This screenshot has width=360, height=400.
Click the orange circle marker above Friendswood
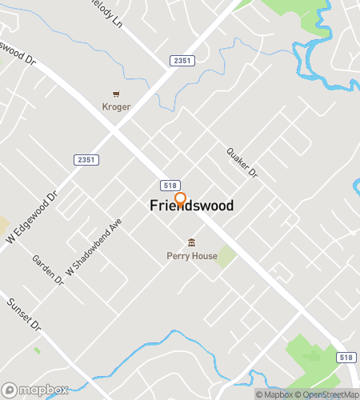pyautogui.click(x=180, y=198)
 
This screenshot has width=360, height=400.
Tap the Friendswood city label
pyautogui.click(x=192, y=206)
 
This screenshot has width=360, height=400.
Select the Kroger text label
pyautogui.click(x=116, y=106)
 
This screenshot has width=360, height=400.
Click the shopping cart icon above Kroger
pyautogui.click(x=116, y=94)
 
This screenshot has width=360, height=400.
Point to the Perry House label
pyautogui.click(x=191, y=256)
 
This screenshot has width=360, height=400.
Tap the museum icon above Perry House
pyautogui.click(x=191, y=242)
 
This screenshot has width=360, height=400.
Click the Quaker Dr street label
pyautogui.click(x=242, y=162)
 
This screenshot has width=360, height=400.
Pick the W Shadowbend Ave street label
pyautogui.click(x=94, y=247)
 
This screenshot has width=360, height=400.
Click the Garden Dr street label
pyautogui.click(x=47, y=270)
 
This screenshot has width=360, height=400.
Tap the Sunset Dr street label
pyautogui.click(x=23, y=315)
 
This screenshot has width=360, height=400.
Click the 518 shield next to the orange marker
pyautogui.click(x=169, y=184)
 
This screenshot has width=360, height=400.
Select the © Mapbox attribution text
pyautogui.click(x=274, y=394)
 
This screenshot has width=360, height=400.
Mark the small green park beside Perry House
pyautogui.click(x=226, y=256)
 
